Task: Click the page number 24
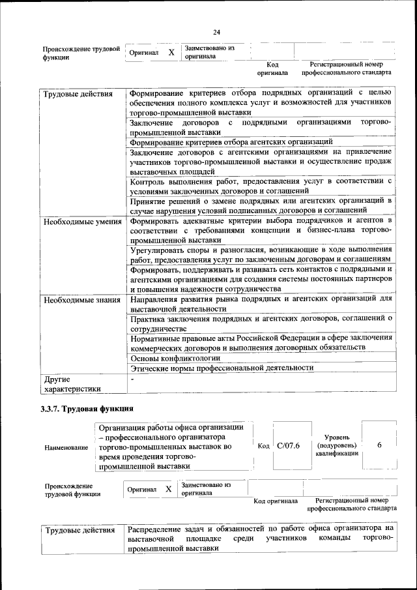(217, 33)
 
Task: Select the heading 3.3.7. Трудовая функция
(88, 409)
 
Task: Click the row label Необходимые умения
(83, 222)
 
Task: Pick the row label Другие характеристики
(72, 383)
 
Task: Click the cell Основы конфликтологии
(176, 357)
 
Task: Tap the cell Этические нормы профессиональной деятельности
(222, 367)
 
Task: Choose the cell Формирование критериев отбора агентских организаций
(231, 141)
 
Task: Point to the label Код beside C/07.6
(263, 446)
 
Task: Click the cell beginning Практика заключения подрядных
(261, 323)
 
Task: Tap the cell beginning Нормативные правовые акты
(261, 343)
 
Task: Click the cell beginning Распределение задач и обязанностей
(261, 538)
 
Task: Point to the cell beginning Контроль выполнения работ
(261, 185)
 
